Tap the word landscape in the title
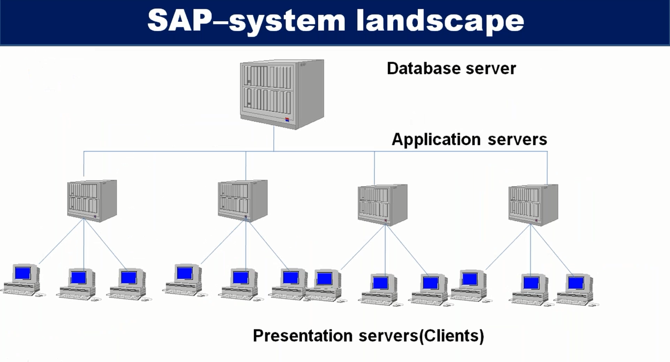(440, 20)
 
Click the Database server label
(451, 68)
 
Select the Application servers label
(469, 139)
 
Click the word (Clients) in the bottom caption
(451, 336)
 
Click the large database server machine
(282, 94)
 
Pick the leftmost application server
(92, 201)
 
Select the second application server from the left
(243, 201)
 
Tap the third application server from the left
(382, 205)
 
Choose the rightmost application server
(533, 205)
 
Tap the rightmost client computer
(577, 290)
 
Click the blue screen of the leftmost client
(23, 274)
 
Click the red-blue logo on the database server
(287, 120)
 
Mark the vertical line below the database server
(273, 139)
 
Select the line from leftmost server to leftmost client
(61, 241)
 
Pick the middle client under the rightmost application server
(530, 290)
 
